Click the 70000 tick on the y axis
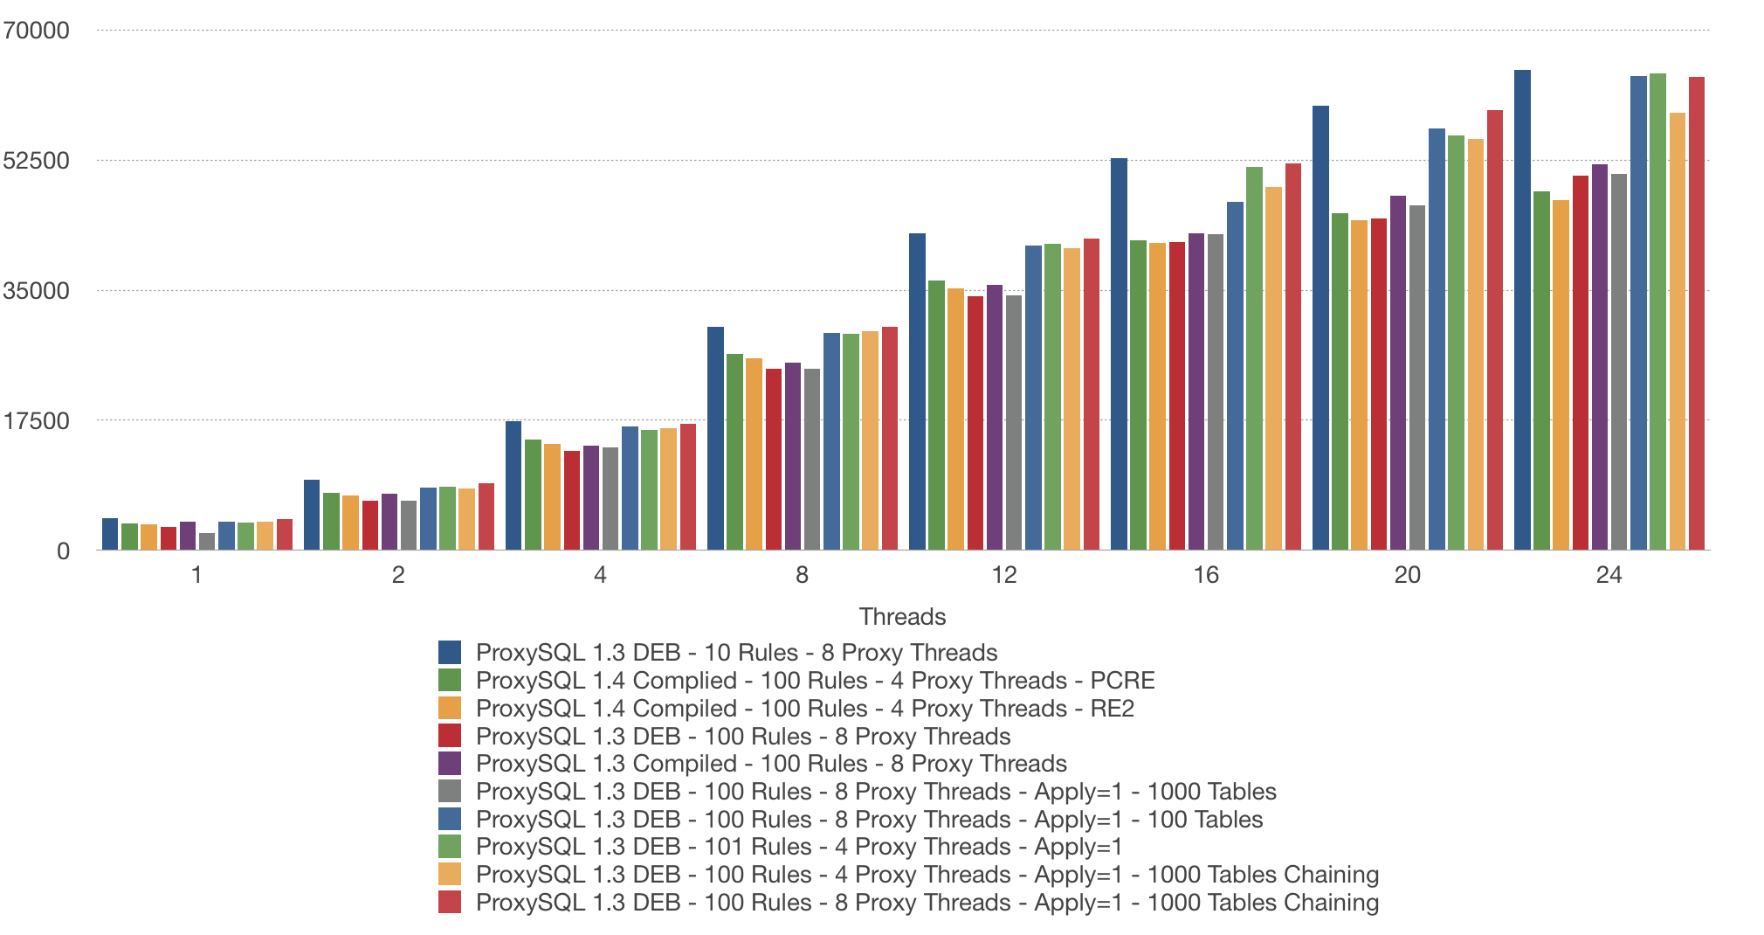[37, 31]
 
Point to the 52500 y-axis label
[37, 161]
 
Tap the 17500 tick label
[37, 421]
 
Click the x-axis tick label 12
[1004, 575]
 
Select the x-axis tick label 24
[1609, 575]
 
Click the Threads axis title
[902, 617]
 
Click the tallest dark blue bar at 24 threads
[1522, 310]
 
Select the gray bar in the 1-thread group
[207, 542]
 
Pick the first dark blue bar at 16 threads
[1119, 354]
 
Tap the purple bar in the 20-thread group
[1398, 373]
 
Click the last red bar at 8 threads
[890, 439]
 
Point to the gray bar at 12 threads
[1013, 423]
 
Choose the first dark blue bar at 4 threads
[513, 486]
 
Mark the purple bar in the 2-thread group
[389, 522]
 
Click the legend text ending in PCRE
[815, 681]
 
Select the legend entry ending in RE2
[804, 709]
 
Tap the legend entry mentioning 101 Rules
[798, 847]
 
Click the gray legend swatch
[450, 792]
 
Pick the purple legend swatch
[450, 764]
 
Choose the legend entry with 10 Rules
[736, 653]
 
